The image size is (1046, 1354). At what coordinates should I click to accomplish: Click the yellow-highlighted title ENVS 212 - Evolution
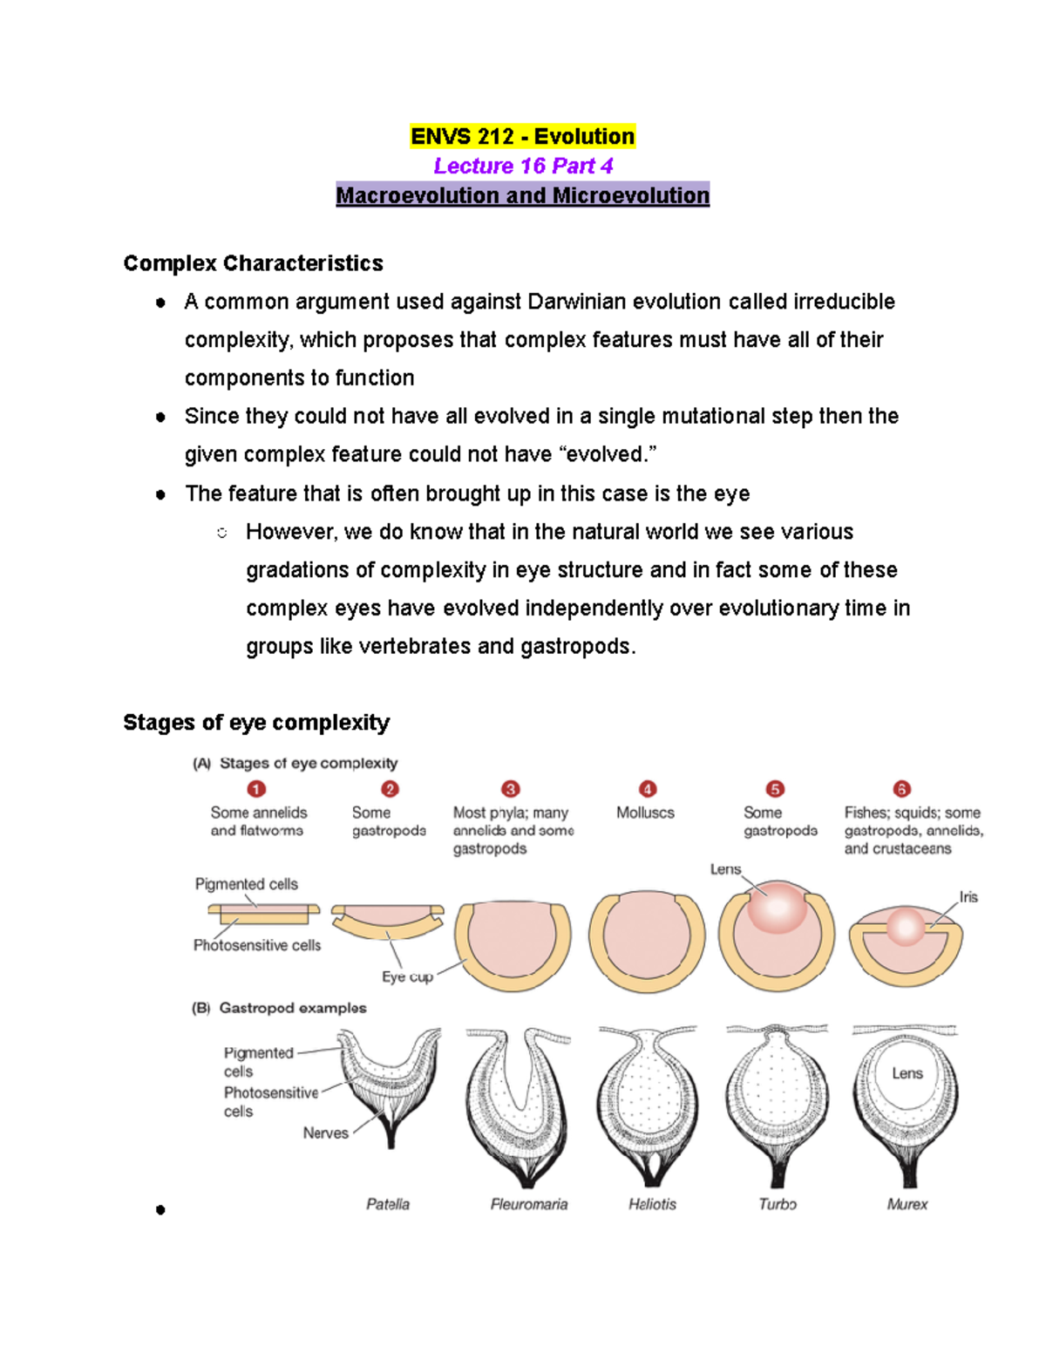point(522,137)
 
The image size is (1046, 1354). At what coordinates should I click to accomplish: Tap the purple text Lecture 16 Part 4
point(523,166)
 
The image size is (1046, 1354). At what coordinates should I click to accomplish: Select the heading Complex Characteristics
point(253,263)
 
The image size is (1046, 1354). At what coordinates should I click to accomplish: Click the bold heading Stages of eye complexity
point(256,723)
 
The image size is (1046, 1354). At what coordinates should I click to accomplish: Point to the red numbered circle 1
point(256,789)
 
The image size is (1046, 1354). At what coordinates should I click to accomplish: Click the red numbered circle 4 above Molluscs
point(647,789)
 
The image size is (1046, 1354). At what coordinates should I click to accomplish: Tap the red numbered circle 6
point(902,789)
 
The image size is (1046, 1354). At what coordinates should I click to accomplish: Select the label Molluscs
point(645,813)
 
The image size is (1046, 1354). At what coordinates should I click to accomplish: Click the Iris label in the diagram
point(968,897)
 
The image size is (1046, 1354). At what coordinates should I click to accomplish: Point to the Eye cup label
point(407,976)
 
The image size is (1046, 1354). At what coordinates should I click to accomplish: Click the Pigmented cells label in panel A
point(246,884)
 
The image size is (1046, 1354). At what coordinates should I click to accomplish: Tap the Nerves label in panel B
point(325,1133)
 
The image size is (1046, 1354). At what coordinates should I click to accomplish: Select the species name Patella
point(388,1204)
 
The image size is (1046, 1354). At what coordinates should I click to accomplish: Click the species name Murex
point(907,1204)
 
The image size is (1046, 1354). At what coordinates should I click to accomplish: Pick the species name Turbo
point(778,1204)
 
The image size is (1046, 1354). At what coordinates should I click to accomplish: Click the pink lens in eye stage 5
point(778,907)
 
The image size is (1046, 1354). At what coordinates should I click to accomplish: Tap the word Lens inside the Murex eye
point(907,1073)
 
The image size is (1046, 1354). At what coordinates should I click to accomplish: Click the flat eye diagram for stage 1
point(263,914)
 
